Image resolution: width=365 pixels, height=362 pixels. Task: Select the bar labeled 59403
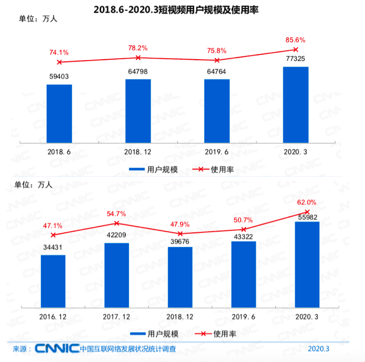pos(59,113)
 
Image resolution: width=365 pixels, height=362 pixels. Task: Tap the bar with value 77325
pos(296,105)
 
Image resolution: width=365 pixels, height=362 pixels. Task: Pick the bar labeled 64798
pos(138,111)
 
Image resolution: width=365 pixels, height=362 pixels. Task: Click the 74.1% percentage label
pos(59,52)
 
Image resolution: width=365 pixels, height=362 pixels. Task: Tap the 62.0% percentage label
pos(307,202)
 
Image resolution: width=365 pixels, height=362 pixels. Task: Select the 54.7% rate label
pos(116,214)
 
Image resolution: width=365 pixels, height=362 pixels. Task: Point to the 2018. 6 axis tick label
pos(59,153)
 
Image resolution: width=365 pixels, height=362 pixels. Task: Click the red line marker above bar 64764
pos(217,60)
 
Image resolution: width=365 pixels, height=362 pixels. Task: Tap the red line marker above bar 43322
pos(244,229)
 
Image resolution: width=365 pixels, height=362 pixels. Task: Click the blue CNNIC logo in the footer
pos(58,349)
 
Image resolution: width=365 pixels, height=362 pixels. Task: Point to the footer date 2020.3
pos(319,349)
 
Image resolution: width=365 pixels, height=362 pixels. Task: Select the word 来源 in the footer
pos(19,349)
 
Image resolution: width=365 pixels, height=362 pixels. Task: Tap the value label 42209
pos(116,235)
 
